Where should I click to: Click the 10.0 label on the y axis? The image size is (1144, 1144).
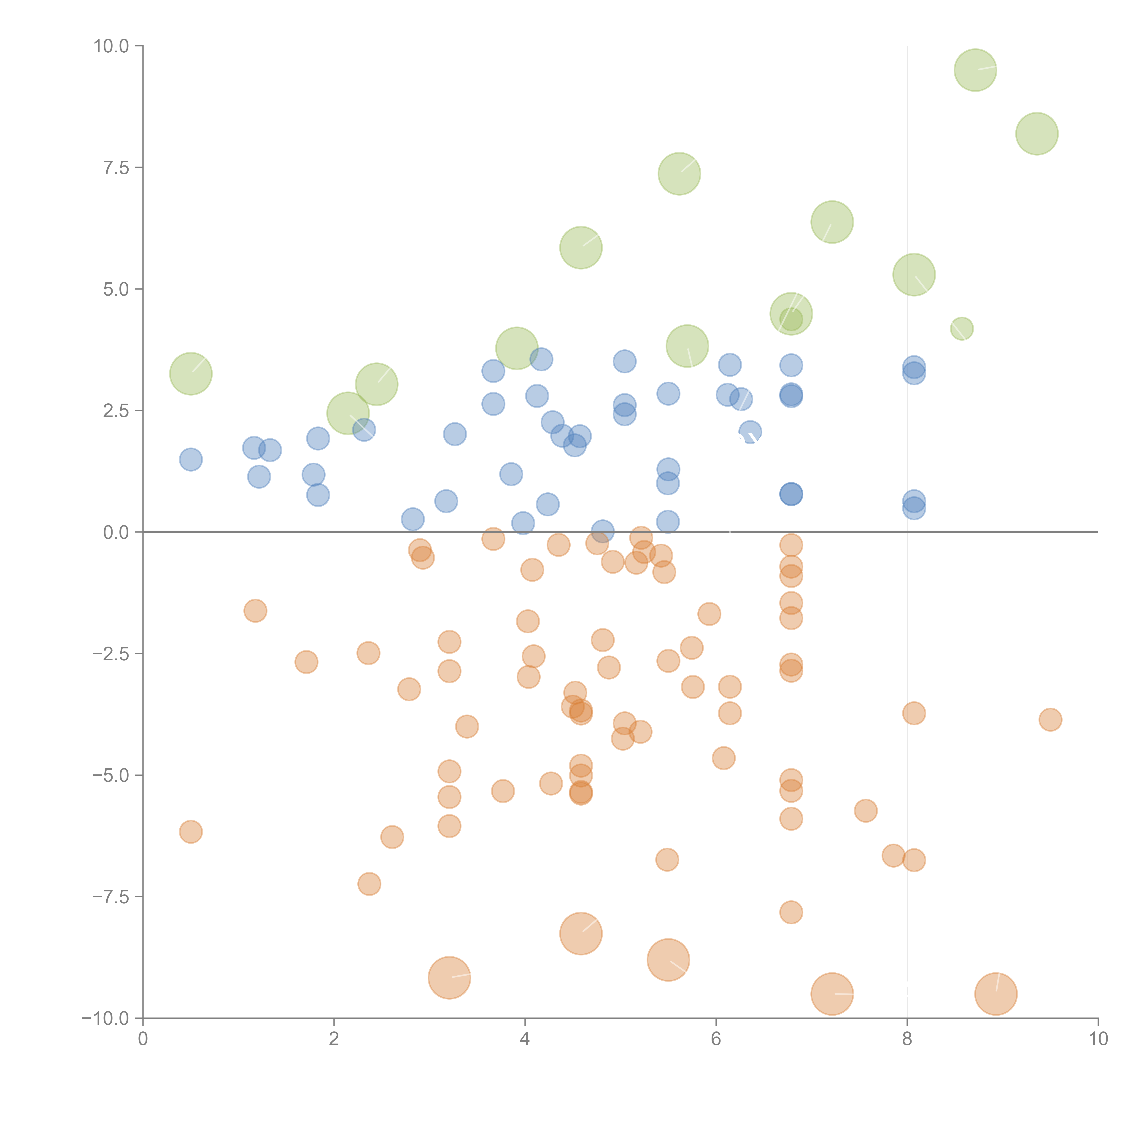(x=111, y=46)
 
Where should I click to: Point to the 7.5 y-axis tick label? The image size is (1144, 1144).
(x=116, y=167)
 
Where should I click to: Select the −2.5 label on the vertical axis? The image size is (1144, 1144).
(x=111, y=654)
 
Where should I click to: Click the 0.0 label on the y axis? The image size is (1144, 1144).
(x=116, y=532)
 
